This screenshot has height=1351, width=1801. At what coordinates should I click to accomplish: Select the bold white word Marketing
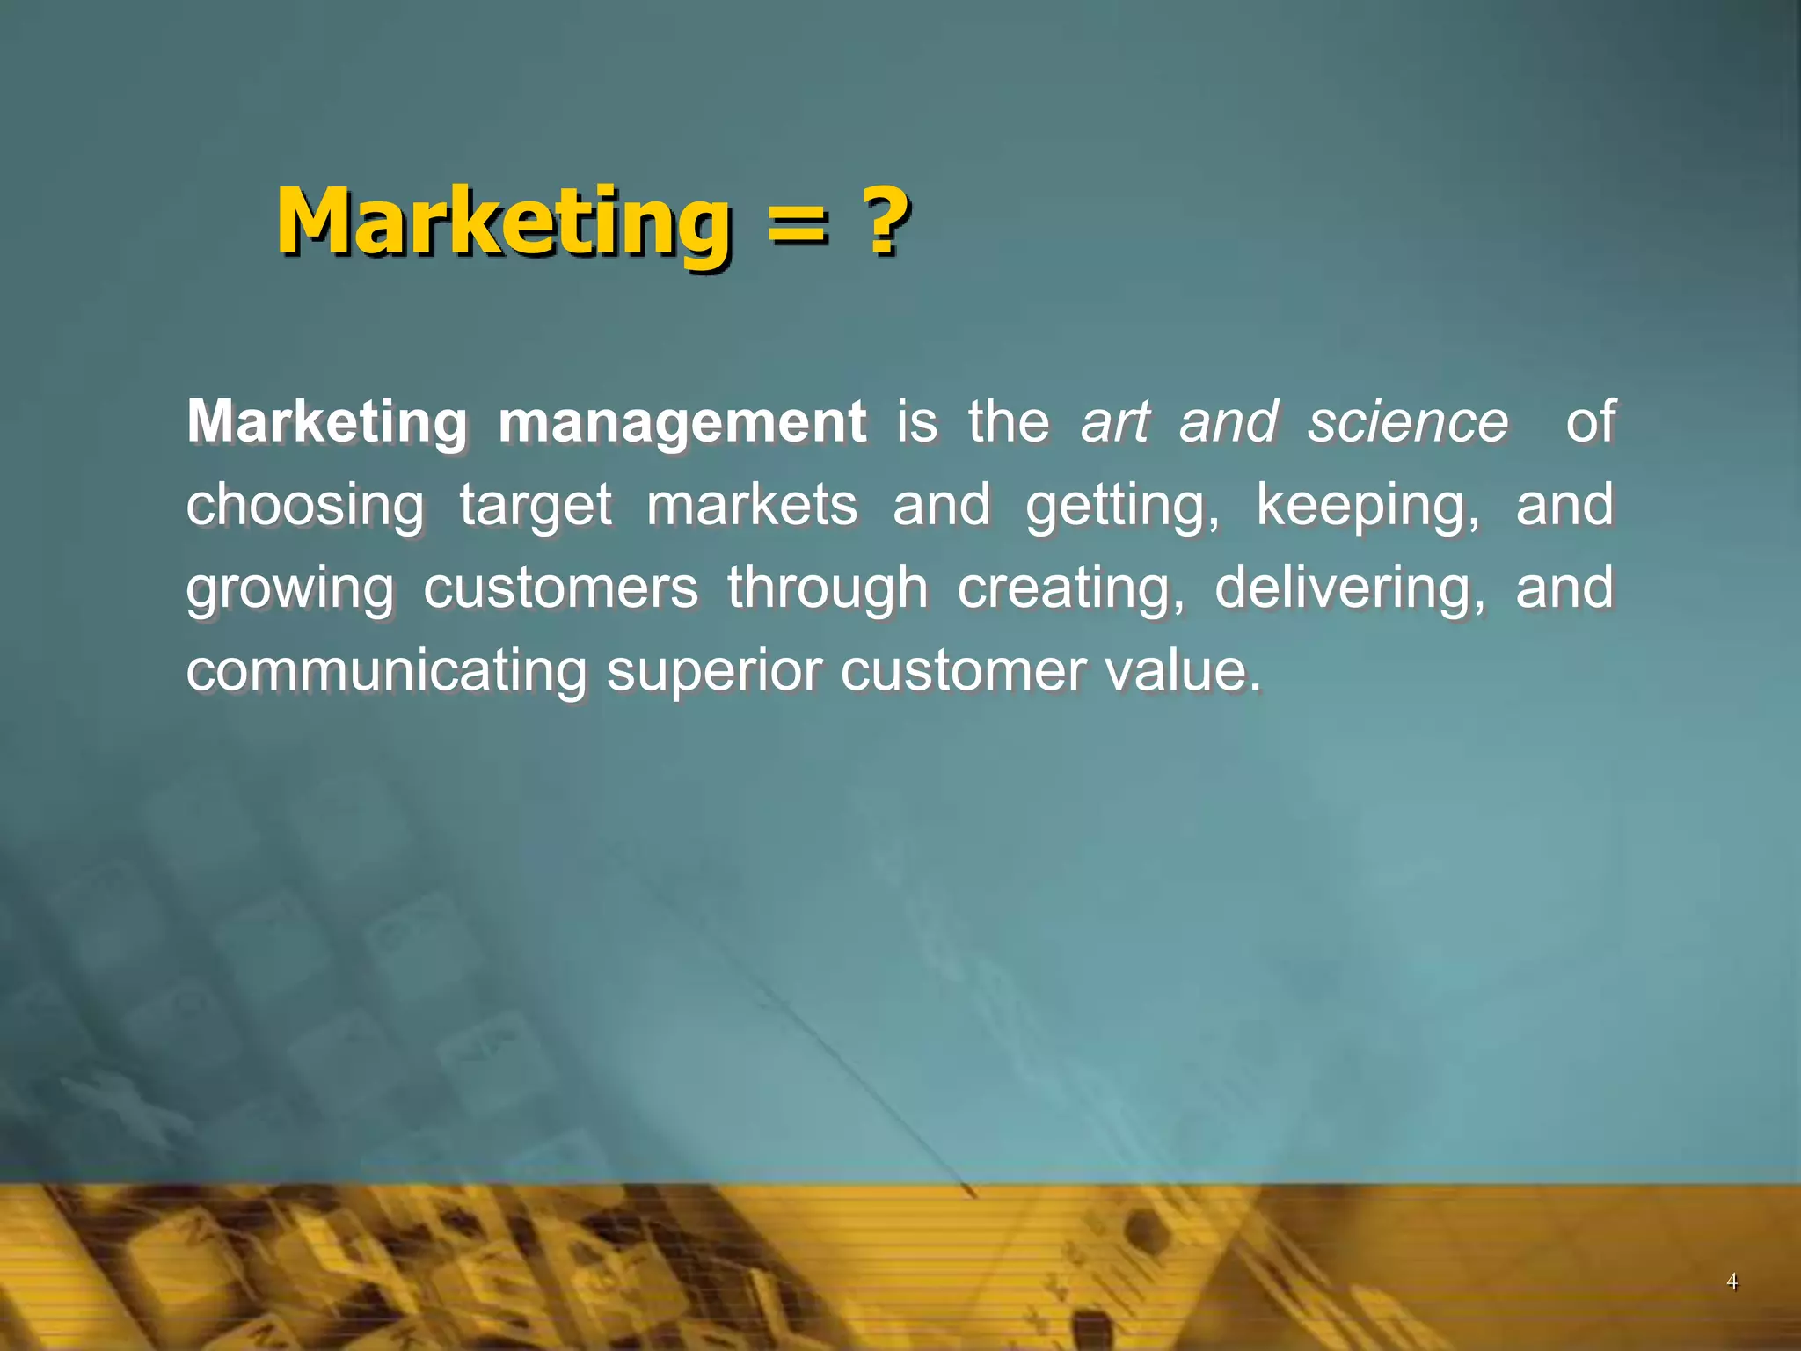[x=327, y=422]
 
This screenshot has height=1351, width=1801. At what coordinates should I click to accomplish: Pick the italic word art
[x=1115, y=422]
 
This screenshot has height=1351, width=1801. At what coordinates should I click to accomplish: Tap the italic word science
[x=1408, y=422]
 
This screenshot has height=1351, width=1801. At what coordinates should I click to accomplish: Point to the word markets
[x=752, y=505]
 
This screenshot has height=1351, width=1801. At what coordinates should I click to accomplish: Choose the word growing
[x=290, y=590]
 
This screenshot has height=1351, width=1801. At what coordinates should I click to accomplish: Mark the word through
[x=828, y=588]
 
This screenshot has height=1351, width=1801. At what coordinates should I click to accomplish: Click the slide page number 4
[x=1732, y=1282]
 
